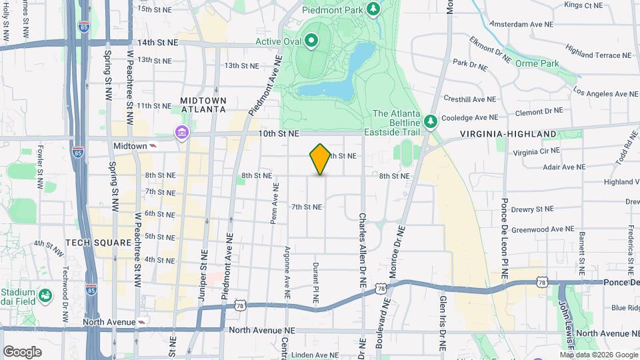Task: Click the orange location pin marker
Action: pos(320,159)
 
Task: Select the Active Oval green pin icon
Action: pos(312,41)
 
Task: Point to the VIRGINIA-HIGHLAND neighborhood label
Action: pos(509,134)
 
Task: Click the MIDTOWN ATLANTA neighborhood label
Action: pos(203,105)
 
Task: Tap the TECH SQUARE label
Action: pos(98,243)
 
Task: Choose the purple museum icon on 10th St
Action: pos(181,133)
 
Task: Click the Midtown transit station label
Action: pos(129,145)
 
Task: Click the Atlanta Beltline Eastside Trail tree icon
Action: pos(431,121)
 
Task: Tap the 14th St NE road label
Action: pos(158,42)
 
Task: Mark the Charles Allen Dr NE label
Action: pos(363,250)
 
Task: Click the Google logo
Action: pos(23,351)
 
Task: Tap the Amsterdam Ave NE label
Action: pos(521,23)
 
